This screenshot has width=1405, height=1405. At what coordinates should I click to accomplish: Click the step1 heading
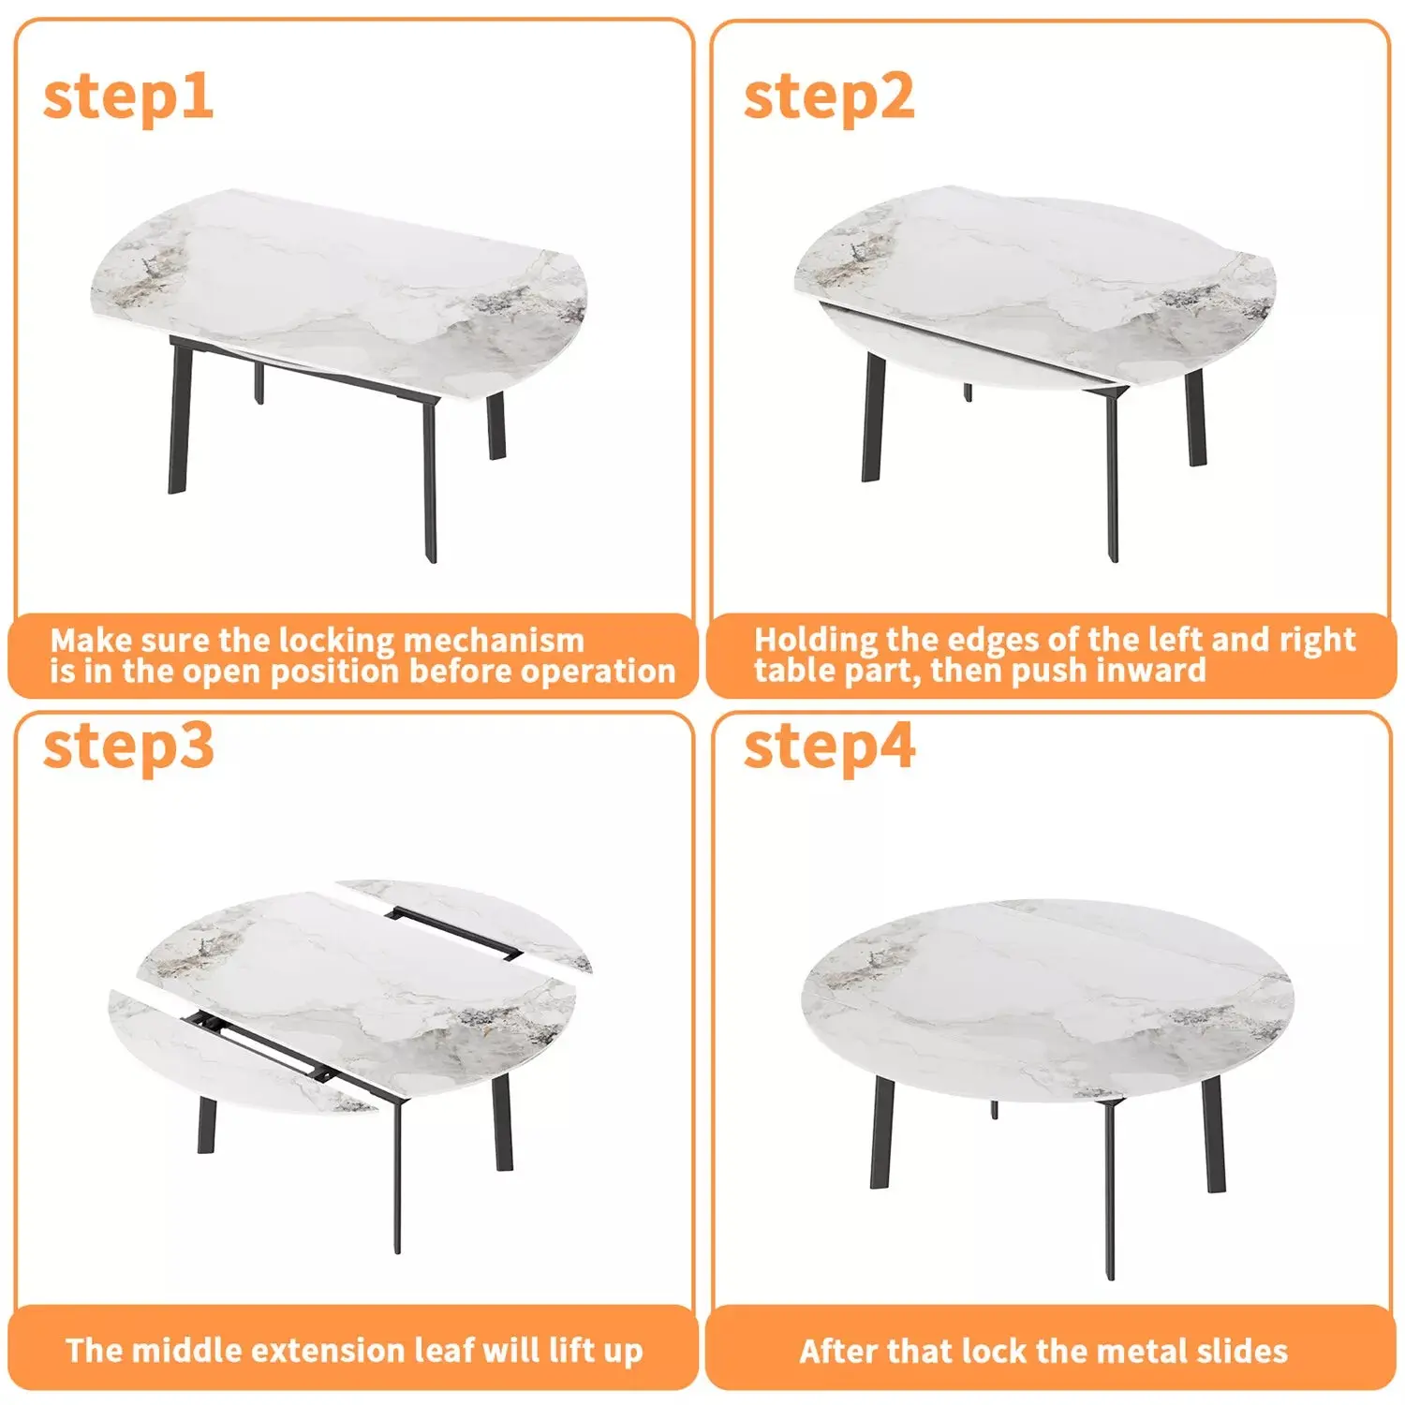click(128, 96)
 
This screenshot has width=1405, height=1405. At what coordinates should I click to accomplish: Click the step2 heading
click(828, 96)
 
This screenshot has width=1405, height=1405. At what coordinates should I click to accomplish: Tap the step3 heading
click(128, 747)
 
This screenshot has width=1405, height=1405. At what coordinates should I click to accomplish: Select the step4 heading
click(828, 747)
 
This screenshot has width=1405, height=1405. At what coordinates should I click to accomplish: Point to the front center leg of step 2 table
click(1112, 478)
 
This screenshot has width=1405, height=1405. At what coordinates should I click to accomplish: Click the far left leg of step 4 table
click(881, 1133)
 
